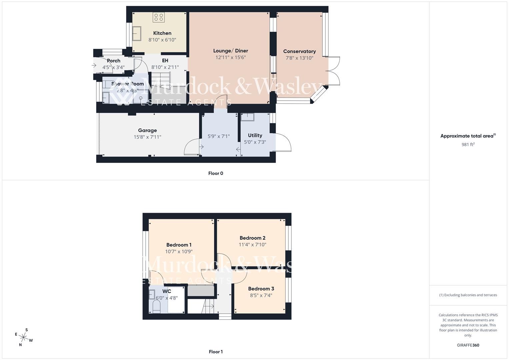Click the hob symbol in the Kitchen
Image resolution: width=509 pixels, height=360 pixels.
(159, 17)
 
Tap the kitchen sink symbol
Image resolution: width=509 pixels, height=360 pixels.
(137, 33)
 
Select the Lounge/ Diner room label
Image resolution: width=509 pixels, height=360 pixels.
(231, 51)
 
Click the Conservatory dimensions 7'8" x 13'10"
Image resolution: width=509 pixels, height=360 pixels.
(299, 58)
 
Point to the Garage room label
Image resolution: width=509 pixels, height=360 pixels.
(147, 130)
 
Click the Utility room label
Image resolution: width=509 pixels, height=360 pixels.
(255, 135)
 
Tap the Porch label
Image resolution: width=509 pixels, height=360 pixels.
(114, 61)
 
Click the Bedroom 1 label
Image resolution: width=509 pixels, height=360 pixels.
(179, 245)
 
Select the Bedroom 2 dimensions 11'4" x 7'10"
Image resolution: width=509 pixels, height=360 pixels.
(252, 245)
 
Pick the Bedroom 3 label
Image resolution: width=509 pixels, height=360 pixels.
(261, 289)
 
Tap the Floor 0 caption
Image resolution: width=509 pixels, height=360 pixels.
(216, 173)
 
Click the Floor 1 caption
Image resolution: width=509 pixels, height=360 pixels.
(216, 352)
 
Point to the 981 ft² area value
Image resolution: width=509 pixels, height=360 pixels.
(468, 144)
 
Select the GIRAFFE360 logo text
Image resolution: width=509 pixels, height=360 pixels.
(468, 345)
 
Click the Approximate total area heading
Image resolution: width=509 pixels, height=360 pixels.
(468, 136)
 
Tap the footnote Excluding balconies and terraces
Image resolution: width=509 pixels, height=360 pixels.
(468, 295)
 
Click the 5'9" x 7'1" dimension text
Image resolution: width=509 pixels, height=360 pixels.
(219, 136)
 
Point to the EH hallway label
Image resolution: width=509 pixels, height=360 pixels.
(165, 61)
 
